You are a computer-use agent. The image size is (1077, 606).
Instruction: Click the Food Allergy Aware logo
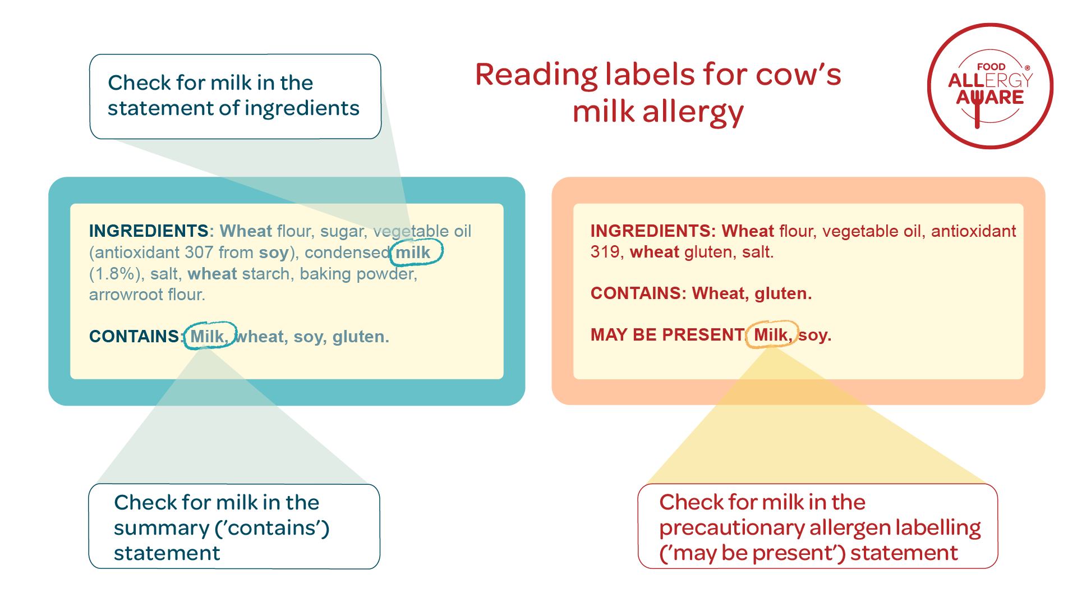coord(990,86)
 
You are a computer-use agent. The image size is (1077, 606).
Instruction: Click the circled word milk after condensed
coord(413,252)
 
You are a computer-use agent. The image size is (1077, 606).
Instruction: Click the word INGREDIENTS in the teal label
coord(149,231)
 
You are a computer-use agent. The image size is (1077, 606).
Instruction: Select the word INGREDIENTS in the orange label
coord(651,231)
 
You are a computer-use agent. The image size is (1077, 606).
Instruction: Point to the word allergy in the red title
coord(693,112)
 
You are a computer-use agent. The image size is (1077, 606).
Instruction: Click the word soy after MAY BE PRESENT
coord(813,335)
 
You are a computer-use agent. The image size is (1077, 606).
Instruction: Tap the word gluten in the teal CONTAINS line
coord(359,337)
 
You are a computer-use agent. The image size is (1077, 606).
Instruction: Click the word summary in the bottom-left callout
coord(162,528)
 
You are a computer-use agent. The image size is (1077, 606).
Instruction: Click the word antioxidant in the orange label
coord(973,231)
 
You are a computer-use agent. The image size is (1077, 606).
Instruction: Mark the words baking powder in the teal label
coord(357,274)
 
